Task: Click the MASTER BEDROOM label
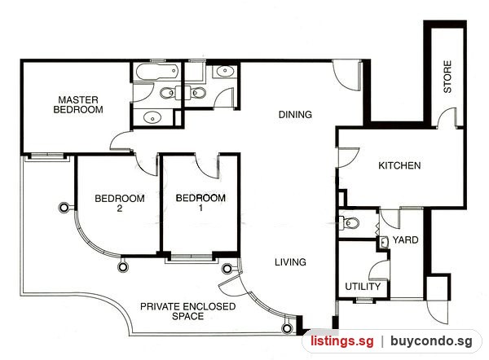pyautogui.click(x=78, y=105)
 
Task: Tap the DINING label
pyautogui.click(x=295, y=114)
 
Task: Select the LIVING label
pyautogui.click(x=290, y=261)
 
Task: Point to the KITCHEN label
pyautogui.click(x=399, y=165)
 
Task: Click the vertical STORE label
pyautogui.click(x=447, y=77)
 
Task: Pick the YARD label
pyautogui.click(x=405, y=239)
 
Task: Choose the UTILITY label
pyautogui.click(x=363, y=286)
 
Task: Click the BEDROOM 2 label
pyautogui.click(x=120, y=204)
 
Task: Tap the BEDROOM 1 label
pyautogui.click(x=200, y=203)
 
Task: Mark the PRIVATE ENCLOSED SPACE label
pyautogui.click(x=187, y=311)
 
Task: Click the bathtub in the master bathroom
pyautogui.click(x=157, y=72)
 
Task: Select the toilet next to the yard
pyautogui.click(x=349, y=222)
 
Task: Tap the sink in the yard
pyautogui.click(x=384, y=242)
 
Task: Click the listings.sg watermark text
pyautogui.click(x=341, y=341)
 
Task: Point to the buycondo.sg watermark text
pyautogui.click(x=431, y=341)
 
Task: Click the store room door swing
pyautogui.click(x=447, y=117)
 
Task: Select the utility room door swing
pyautogui.click(x=379, y=270)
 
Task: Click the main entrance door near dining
pyautogui.click(x=347, y=76)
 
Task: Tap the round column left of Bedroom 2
pyautogui.click(x=64, y=208)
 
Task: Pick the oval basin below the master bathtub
pyautogui.click(x=152, y=118)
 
